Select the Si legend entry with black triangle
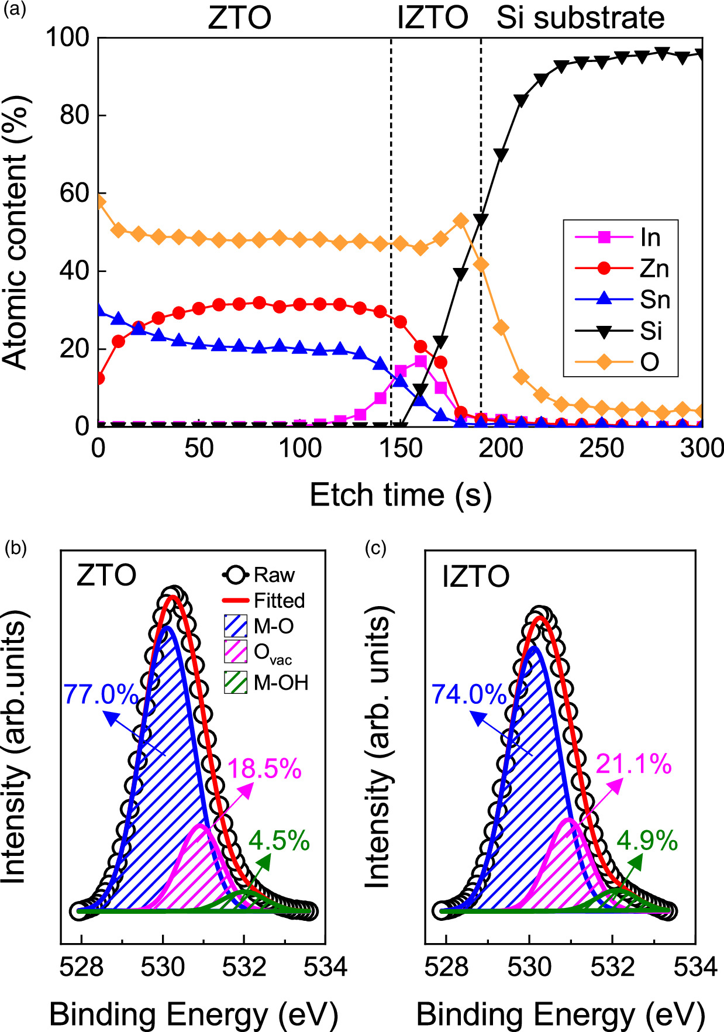pyautogui.click(x=650, y=331)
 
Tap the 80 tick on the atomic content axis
pyautogui.click(x=75, y=115)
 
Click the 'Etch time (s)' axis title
pyautogui.click(x=400, y=496)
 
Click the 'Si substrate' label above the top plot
pyautogui.click(x=580, y=18)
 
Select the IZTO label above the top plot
pyautogui.click(x=432, y=18)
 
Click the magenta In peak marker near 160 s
pyautogui.click(x=420, y=361)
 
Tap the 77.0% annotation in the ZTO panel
pyautogui.click(x=101, y=694)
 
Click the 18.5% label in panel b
pyautogui.click(x=264, y=768)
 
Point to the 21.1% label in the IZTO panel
pyautogui.click(x=633, y=764)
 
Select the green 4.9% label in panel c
pyautogui.click(x=647, y=841)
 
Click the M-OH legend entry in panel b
pyautogui.click(x=280, y=682)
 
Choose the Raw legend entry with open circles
pyautogui.click(x=273, y=575)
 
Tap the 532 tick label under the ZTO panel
pyautogui.click(x=244, y=967)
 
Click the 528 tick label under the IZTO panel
pyautogui.click(x=446, y=967)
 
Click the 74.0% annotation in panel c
pyautogui.click(x=468, y=694)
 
